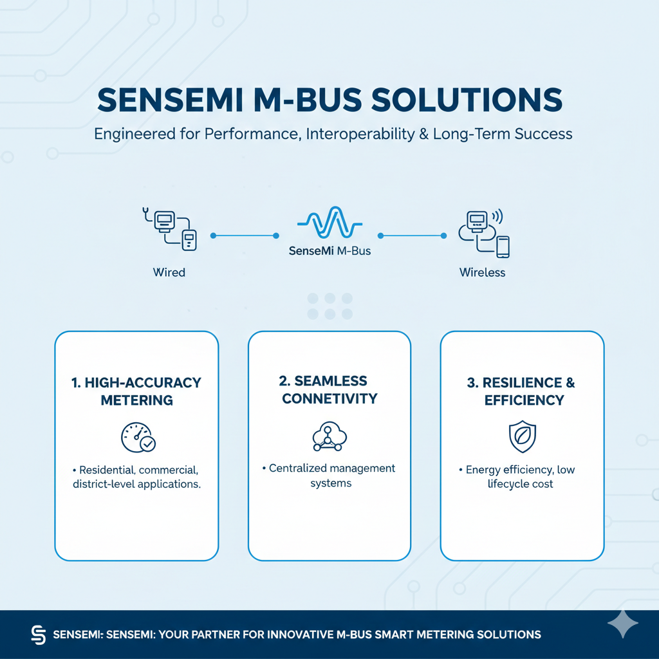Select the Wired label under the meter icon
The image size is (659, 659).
click(x=169, y=272)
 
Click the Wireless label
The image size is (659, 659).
click(x=482, y=272)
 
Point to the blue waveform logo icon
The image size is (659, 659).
click(x=329, y=223)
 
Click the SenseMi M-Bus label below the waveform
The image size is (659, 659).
click(x=329, y=251)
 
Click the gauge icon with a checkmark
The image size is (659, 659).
click(x=138, y=437)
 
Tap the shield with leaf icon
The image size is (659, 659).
click(x=522, y=437)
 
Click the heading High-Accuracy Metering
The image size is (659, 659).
click(x=136, y=391)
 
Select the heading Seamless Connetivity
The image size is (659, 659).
click(x=329, y=390)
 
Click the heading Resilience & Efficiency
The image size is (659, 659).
click(x=522, y=391)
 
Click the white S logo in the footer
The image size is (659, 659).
click(x=39, y=635)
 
